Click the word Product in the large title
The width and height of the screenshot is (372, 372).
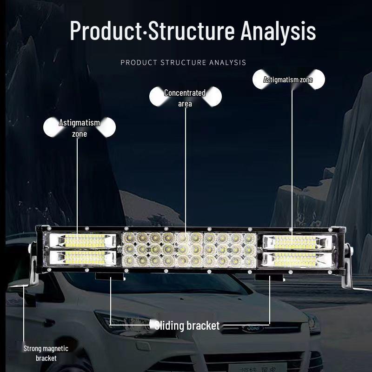pos(106,31)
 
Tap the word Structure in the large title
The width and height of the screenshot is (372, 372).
pos(192,31)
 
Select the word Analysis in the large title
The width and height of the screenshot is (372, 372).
pos(278,31)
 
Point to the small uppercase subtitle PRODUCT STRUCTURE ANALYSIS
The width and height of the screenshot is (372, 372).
pos(183,62)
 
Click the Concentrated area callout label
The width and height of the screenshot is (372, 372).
pos(185,98)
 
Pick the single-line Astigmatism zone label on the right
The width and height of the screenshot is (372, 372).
pos(288,80)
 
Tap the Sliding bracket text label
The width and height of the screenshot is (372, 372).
pos(187,325)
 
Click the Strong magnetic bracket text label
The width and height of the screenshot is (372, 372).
pos(46,353)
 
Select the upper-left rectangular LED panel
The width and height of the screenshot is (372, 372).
pos(83,241)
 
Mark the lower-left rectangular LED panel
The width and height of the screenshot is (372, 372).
pos(83,257)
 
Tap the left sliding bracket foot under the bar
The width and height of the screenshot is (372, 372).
pos(110,277)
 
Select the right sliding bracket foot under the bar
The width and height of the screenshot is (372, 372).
pos(270,278)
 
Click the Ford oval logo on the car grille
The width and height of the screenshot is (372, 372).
pos(252,328)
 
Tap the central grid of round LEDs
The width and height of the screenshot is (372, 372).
pos(189,249)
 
